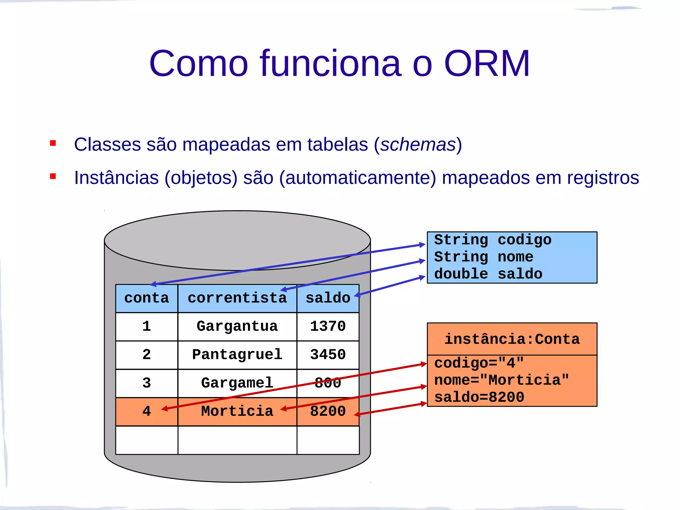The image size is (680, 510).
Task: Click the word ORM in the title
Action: tap(487, 64)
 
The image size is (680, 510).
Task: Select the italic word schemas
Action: tap(418, 144)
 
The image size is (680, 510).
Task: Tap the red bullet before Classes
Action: tap(53, 143)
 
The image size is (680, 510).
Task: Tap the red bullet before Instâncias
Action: tap(53, 176)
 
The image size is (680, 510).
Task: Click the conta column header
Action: tap(146, 298)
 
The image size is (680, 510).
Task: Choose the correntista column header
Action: tap(237, 298)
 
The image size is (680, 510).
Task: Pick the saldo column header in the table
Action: tap(328, 298)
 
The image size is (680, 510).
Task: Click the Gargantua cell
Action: tap(237, 326)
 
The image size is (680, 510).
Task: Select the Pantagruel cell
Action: tap(237, 355)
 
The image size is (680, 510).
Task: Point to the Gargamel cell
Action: tap(237, 383)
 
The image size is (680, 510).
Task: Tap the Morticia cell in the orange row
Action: tap(237, 411)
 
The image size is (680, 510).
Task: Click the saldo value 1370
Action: tap(328, 326)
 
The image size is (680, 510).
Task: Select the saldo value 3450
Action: tap(328, 355)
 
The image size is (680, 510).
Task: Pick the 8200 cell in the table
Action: tap(328, 411)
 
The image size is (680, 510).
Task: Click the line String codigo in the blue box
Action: tap(493, 240)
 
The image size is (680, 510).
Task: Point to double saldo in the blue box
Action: tap(488, 274)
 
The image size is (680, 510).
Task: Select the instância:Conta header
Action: tap(512, 339)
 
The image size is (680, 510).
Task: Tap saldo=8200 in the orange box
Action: tap(479, 397)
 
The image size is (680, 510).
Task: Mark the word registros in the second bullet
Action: tap(603, 178)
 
